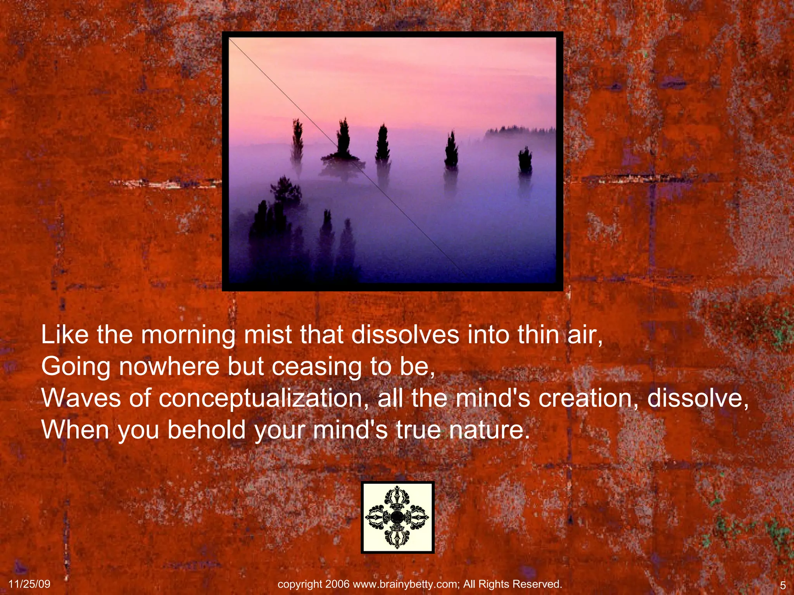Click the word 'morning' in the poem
click(x=188, y=335)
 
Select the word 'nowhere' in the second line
click(x=169, y=366)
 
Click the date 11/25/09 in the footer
click(x=29, y=584)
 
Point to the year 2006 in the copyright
click(x=337, y=584)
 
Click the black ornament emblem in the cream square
click(x=397, y=517)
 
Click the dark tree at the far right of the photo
click(x=525, y=161)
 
